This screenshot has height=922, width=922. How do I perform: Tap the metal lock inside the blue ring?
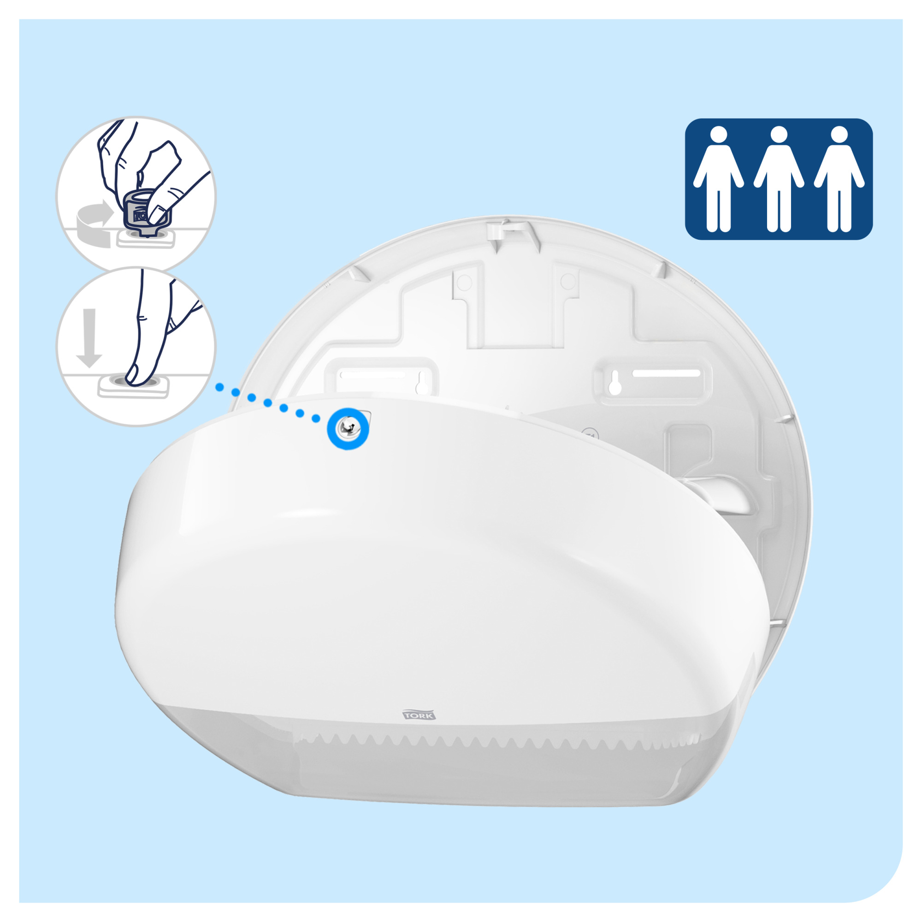pyautogui.click(x=348, y=429)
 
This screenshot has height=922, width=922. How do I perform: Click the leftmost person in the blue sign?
pyautogui.click(x=718, y=178)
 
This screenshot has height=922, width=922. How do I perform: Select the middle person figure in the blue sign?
pyautogui.click(x=779, y=178)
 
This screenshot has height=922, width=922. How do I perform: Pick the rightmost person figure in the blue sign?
pyautogui.click(x=839, y=178)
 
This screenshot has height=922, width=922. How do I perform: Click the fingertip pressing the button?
pyautogui.click(x=135, y=377)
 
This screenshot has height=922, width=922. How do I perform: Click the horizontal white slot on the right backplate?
pyautogui.click(x=666, y=372)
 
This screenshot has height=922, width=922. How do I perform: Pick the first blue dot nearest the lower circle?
pyautogui.click(x=219, y=387)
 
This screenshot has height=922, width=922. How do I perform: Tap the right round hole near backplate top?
pyautogui.click(x=567, y=281)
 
